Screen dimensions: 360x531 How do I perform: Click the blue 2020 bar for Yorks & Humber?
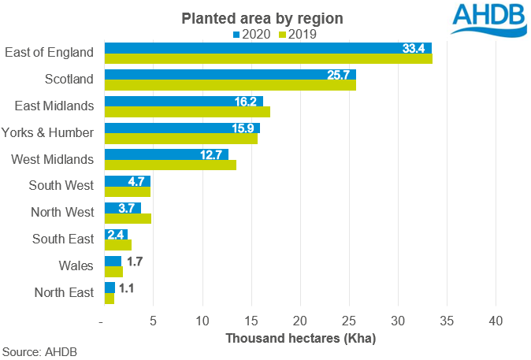(x=182, y=128)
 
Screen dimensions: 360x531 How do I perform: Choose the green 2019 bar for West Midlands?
(x=170, y=165)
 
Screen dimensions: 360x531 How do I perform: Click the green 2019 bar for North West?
(x=128, y=218)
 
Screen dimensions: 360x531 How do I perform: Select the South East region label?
(x=63, y=239)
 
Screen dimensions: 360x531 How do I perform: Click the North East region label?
(x=64, y=293)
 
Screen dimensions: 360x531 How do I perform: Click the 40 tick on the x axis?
(x=496, y=321)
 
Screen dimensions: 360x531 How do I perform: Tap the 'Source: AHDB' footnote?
(x=39, y=351)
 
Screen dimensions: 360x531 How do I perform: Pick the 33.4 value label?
(x=414, y=49)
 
